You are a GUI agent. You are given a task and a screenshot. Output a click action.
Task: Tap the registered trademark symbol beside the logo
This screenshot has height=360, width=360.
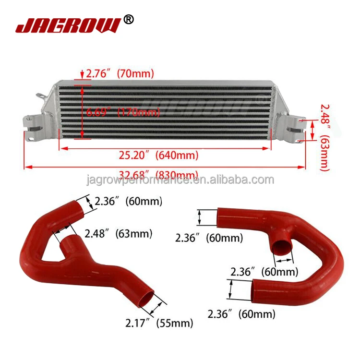coord(129,19)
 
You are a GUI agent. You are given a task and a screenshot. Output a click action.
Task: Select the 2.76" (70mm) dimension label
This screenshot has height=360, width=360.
coord(120,74)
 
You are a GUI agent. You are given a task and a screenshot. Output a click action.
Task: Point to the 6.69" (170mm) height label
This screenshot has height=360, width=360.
coord(122,113)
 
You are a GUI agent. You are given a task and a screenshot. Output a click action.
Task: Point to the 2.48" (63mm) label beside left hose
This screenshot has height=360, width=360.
coord(119,234)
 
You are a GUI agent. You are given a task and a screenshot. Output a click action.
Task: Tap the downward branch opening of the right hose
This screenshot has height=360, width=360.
coord(282,248)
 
